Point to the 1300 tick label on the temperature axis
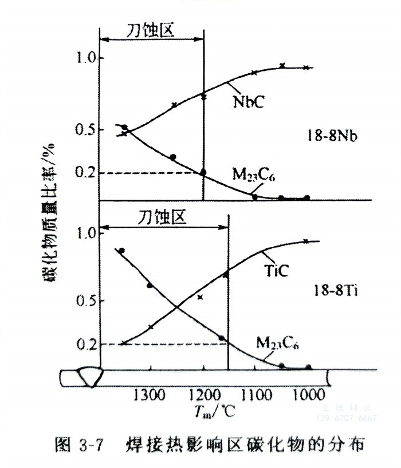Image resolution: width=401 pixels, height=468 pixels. [x=150, y=395]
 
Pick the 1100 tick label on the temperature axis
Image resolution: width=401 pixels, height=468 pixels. [x=255, y=395]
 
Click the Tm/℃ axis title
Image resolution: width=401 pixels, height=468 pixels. [x=210, y=413]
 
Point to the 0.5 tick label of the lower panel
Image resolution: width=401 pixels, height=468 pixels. [x=86, y=301]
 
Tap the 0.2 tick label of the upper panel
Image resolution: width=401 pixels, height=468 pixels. [x=86, y=173]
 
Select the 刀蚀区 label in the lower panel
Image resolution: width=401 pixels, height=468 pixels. [x=163, y=217]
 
